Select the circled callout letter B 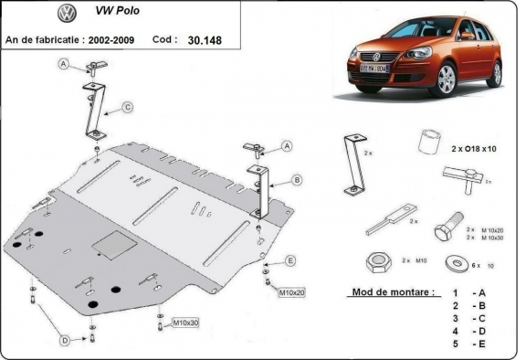click(298, 179)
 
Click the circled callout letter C click(128, 108)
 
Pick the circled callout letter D click(65, 340)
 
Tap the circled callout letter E click(290, 261)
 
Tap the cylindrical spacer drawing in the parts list click(428, 143)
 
